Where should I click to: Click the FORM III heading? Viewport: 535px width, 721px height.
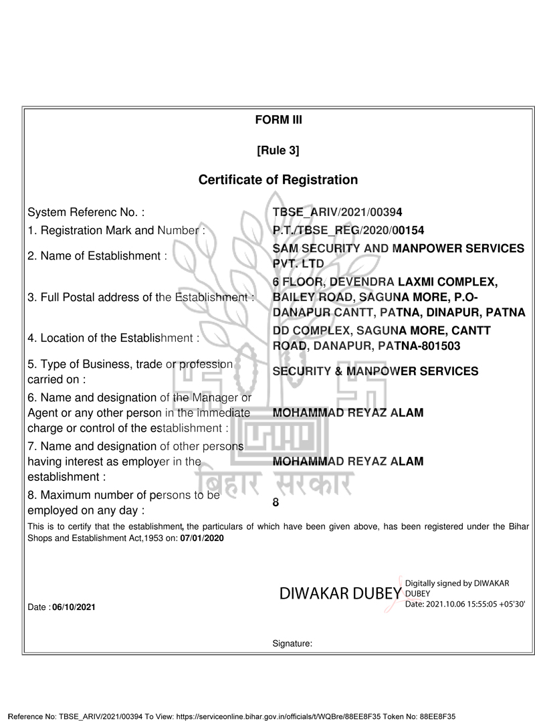[278, 120]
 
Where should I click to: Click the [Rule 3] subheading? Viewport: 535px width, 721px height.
[278, 150]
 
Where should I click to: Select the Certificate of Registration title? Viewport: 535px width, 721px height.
[278, 180]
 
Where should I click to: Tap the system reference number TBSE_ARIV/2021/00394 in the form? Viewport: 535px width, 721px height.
[338, 213]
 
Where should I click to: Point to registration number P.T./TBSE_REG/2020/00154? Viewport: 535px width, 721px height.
[348, 231]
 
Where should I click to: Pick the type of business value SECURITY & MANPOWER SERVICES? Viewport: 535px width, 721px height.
[376, 371]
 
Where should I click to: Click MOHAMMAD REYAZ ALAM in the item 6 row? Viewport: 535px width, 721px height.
[348, 413]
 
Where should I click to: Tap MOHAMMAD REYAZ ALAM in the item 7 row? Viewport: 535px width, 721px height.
[348, 461]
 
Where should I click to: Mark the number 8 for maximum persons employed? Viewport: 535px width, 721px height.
[276, 502]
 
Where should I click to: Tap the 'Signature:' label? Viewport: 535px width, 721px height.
[292, 644]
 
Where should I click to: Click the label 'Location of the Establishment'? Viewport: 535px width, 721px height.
[114, 338]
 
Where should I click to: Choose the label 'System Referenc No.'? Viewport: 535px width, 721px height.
[86, 213]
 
